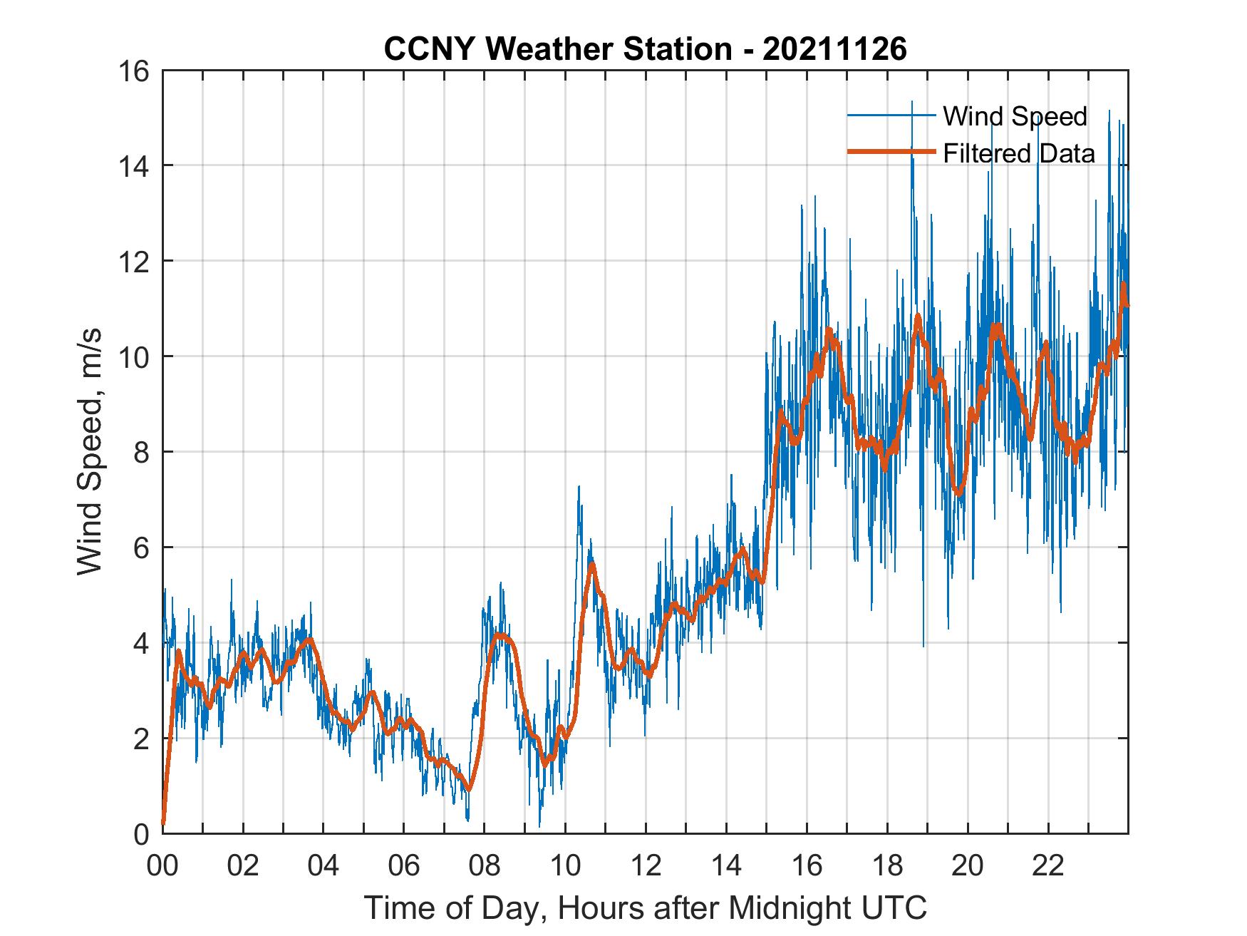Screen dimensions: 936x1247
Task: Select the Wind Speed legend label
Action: (1015, 116)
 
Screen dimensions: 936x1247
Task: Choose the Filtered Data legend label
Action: (1018, 153)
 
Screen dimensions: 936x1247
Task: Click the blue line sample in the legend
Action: (891, 115)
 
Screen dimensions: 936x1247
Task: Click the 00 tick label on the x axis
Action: (162, 865)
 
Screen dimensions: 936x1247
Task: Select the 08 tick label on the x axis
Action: (485, 865)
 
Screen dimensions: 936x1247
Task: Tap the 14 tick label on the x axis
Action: (726, 865)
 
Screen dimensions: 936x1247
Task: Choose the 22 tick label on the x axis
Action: (1048, 865)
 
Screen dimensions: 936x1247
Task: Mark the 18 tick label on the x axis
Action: (887, 865)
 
